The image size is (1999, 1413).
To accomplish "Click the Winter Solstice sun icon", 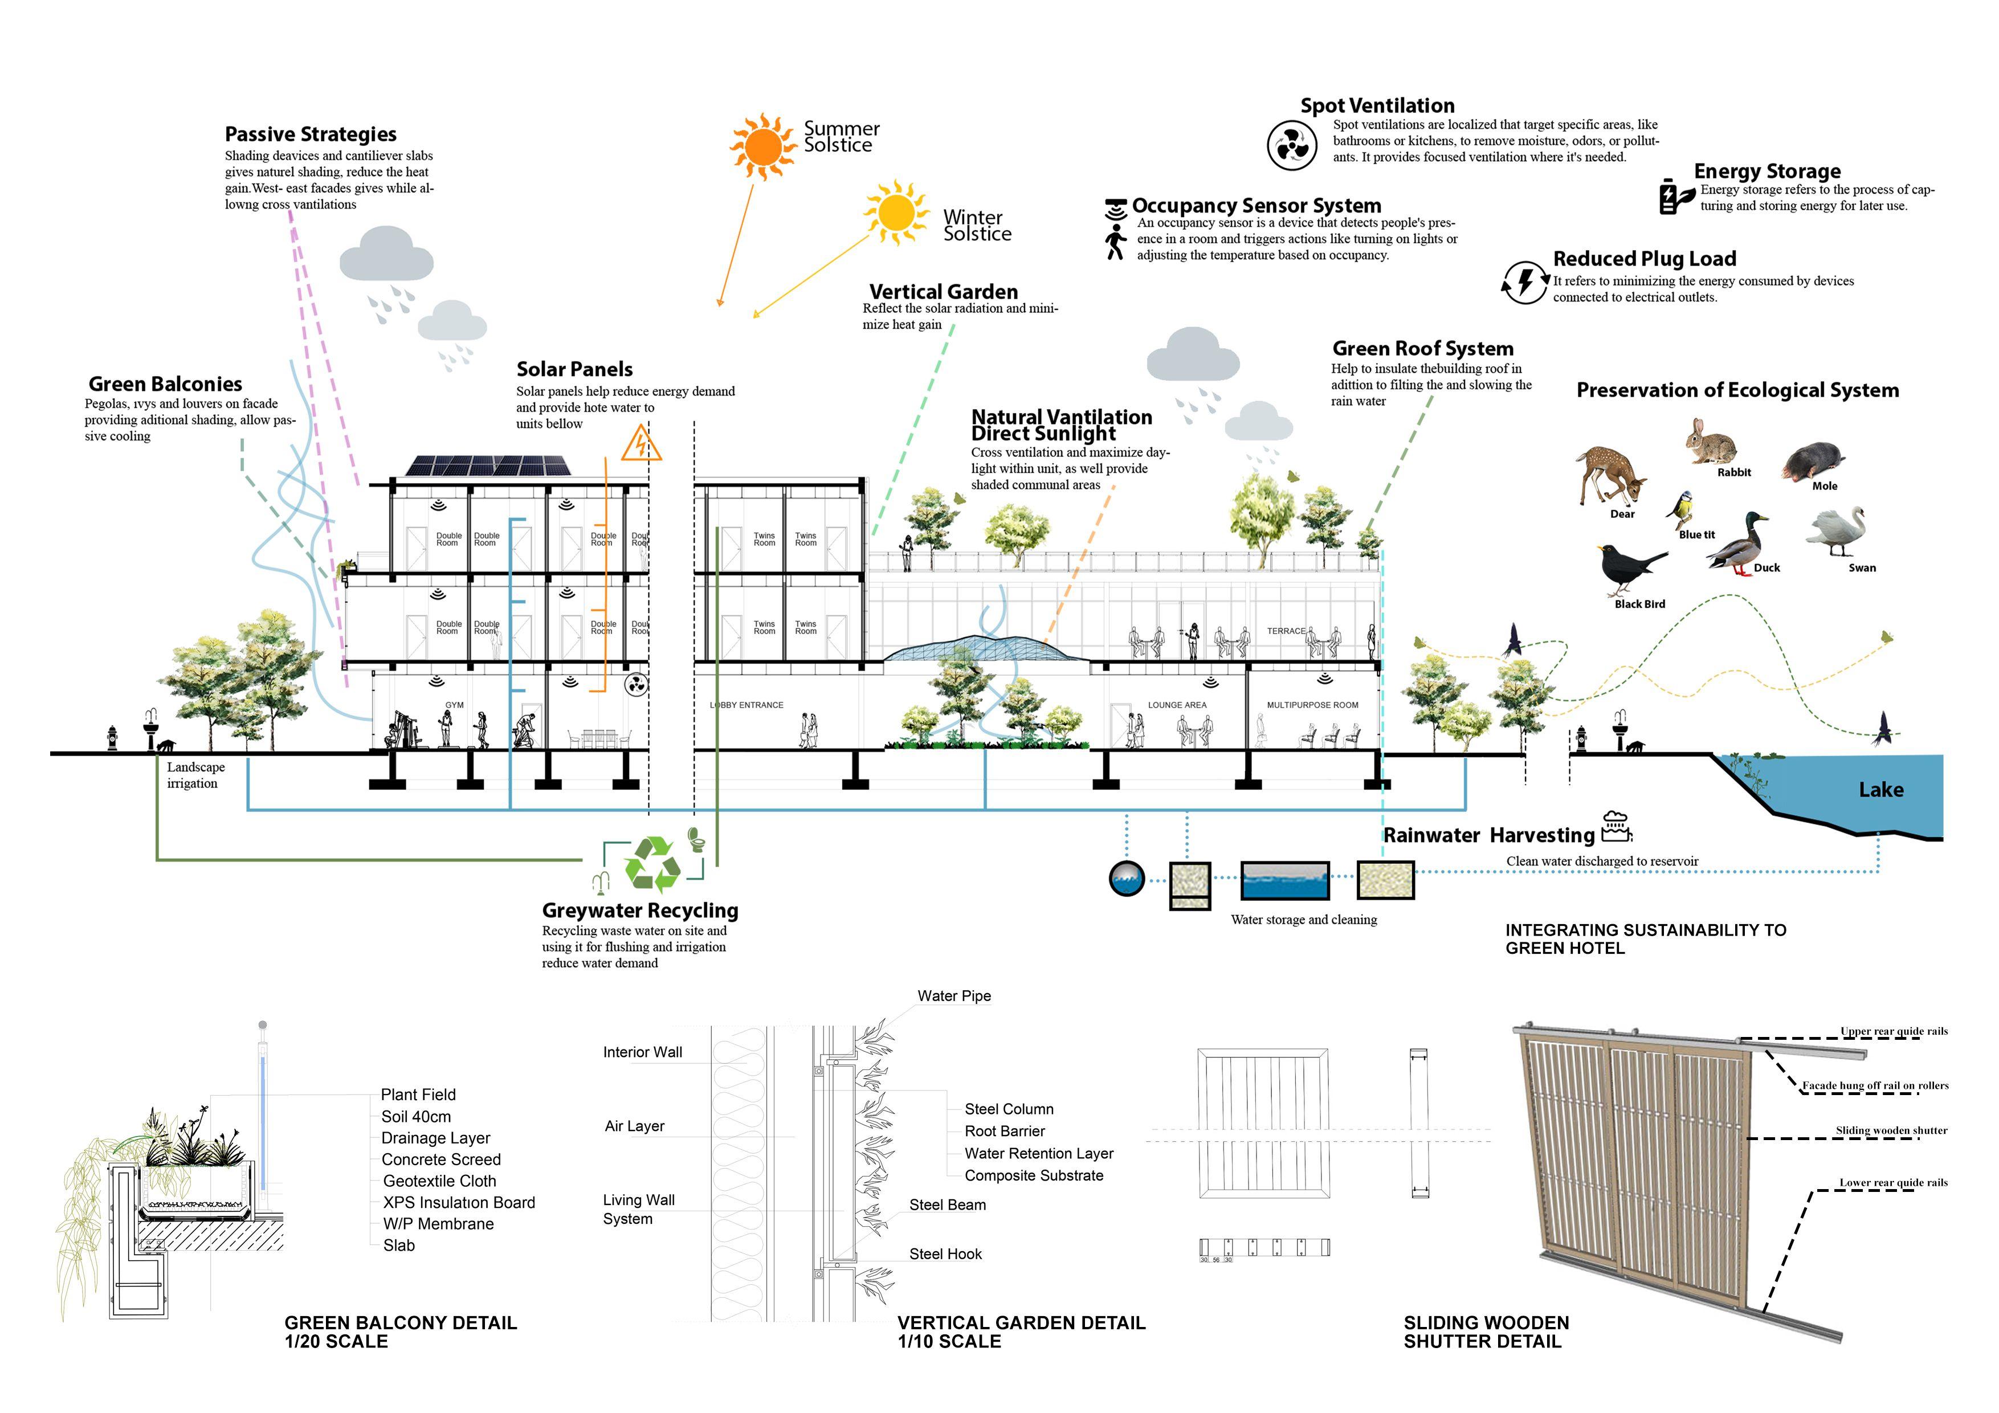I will click(x=895, y=213).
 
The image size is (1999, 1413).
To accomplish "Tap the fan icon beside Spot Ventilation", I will click(x=1291, y=145).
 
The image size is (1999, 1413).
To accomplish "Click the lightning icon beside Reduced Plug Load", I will click(x=1524, y=282).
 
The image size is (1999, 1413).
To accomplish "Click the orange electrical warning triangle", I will click(x=642, y=444).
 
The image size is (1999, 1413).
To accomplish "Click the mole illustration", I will click(x=1814, y=462).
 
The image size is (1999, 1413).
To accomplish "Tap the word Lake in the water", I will click(x=1880, y=790).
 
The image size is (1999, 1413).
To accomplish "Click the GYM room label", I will click(x=455, y=705).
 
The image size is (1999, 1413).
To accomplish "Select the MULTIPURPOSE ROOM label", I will click(x=1312, y=705).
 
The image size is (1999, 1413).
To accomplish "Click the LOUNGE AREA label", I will click(x=1177, y=705).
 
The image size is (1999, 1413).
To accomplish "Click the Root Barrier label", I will click(x=1005, y=1131).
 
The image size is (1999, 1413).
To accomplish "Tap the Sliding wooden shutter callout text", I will click(x=1891, y=1130).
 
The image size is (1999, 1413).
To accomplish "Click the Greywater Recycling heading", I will click(x=640, y=910).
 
